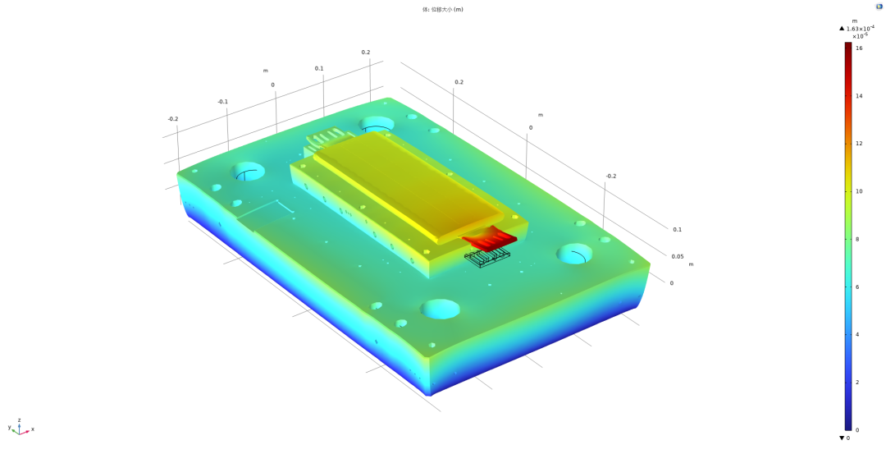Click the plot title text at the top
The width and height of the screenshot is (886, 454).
coord(443,10)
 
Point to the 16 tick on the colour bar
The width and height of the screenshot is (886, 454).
coord(859,48)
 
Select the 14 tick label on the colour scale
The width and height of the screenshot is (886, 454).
coord(859,96)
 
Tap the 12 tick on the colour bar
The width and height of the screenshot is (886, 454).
coord(859,144)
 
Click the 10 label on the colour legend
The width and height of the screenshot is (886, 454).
coord(859,191)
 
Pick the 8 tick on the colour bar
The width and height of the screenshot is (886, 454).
coord(858,239)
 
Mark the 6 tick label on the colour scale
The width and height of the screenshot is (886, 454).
coord(858,287)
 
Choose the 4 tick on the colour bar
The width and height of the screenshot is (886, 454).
coord(858,334)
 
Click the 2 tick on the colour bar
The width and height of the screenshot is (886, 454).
coord(858,383)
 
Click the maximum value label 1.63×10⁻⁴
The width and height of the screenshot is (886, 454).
coord(860,28)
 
